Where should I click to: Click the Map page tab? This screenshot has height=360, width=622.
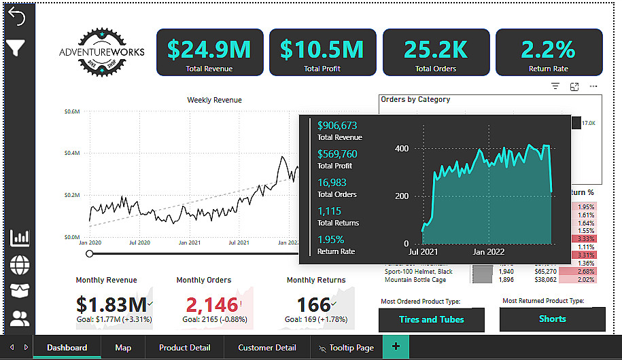pyautogui.click(x=123, y=348)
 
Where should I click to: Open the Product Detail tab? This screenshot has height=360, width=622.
pyautogui.click(x=184, y=348)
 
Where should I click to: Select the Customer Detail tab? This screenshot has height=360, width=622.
pyautogui.click(x=266, y=348)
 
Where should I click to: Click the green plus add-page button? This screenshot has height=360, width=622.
pyautogui.click(x=395, y=347)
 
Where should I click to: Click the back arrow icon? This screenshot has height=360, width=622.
pyautogui.click(x=16, y=17)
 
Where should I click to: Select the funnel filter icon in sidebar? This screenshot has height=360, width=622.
pyautogui.click(x=16, y=48)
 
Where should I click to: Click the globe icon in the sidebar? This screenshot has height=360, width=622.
pyautogui.click(x=20, y=264)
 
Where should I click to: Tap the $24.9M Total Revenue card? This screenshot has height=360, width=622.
pyautogui.click(x=209, y=52)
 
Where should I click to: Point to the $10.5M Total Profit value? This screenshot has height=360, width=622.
pyautogui.click(x=322, y=49)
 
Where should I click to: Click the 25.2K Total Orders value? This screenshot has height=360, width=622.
pyautogui.click(x=435, y=49)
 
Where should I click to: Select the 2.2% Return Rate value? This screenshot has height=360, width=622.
pyautogui.click(x=549, y=49)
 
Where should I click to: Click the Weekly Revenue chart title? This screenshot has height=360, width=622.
pyautogui.click(x=214, y=100)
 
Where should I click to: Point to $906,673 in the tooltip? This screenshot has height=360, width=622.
pyautogui.click(x=337, y=126)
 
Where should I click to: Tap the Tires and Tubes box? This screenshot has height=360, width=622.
pyautogui.click(x=432, y=319)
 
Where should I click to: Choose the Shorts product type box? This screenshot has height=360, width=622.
pyautogui.click(x=552, y=319)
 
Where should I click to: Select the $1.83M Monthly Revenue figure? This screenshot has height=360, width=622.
pyautogui.click(x=111, y=304)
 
